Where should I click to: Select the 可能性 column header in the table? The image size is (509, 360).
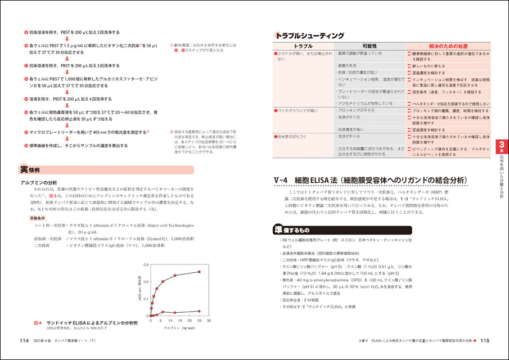[370, 46]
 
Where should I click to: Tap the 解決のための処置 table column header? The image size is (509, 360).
[448, 46]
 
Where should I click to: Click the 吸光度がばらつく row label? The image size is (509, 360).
[292, 136]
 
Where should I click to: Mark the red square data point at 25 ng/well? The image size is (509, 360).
[198, 272]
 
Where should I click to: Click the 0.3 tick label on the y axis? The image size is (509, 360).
[146, 264]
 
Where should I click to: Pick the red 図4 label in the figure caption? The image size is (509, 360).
[38, 323]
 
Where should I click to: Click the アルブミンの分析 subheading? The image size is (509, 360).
[39, 183]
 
